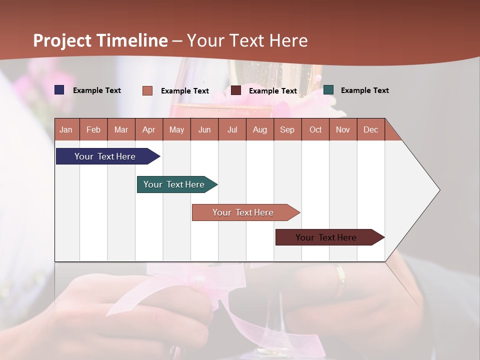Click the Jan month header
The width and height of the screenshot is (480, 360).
pyautogui.click(x=66, y=129)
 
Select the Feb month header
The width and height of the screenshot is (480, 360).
pyautogui.click(x=93, y=129)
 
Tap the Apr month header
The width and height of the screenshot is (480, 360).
pyautogui.click(x=148, y=129)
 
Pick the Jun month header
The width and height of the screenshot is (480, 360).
pyautogui.click(x=204, y=129)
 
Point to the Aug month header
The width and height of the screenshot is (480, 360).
pyautogui.click(x=259, y=129)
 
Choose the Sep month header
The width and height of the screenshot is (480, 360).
pyautogui.click(x=287, y=129)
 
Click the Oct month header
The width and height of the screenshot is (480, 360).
pyautogui.click(x=315, y=129)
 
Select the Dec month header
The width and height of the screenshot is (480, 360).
pyautogui.click(x=370, y=129)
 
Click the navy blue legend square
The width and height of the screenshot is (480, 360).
pyautogui.click(x=59, y=90)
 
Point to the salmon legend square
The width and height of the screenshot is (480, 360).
pyautogui.click(x=147, y=90)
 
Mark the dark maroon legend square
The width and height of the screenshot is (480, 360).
pyautogui.click(x=236, y=90)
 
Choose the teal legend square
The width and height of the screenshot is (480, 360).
pyautogui.click(x=328, y=90)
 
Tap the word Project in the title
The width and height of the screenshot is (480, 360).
pyautogui.click(x=62, y=40)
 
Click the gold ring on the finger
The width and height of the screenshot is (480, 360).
pyautogui.click(x=340, y=281)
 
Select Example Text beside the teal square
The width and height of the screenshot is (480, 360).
pyautogui.click(x=364, y=90)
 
